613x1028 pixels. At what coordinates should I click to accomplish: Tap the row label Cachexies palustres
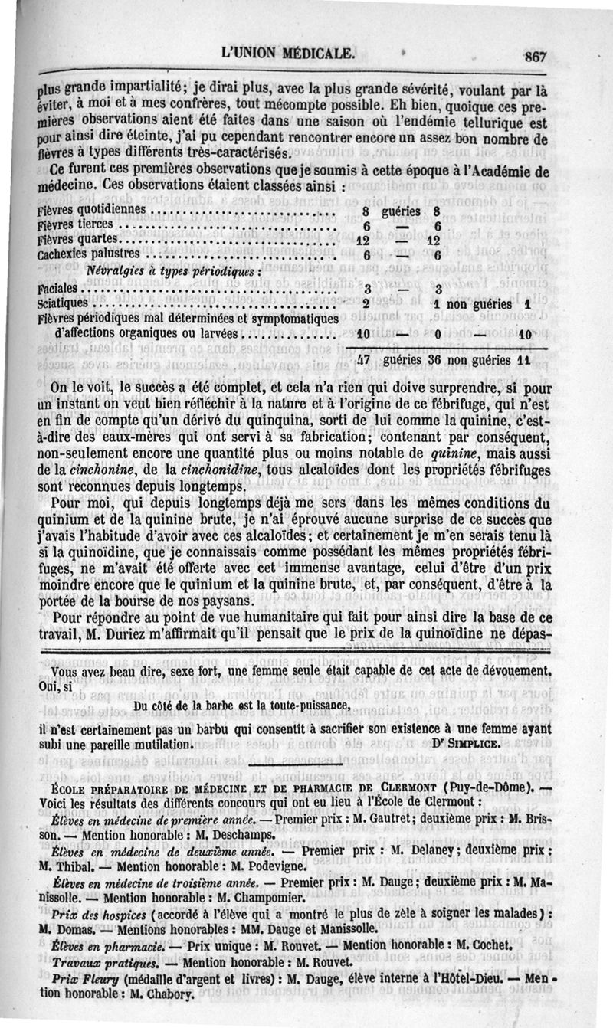click(x=89, y=254)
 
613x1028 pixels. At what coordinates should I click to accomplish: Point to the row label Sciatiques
click(x=62, y=303)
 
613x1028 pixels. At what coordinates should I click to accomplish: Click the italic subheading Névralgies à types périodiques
click(x=175, y=271)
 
